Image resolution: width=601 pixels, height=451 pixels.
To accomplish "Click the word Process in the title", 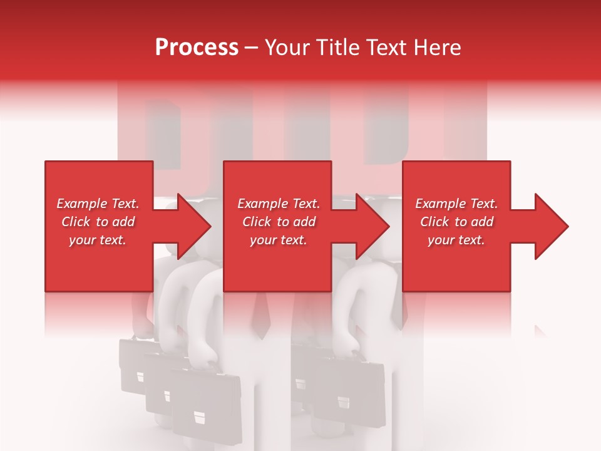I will click(x=197, y=48).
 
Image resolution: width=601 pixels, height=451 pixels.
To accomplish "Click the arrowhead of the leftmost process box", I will click(x=195, y=226).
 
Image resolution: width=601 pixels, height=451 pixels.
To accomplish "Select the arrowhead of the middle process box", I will click(x=373, y=226).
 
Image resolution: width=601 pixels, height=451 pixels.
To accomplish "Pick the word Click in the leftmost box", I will click(x=76, y=222).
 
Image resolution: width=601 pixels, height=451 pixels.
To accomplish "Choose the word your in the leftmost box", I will click(x=81, y=240).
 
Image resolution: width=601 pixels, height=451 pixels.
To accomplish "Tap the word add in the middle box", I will click(x=304, y=222).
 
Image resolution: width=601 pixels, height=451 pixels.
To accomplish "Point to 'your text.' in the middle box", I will click(x=278, y=240).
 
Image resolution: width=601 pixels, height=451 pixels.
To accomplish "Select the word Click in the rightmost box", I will click(x=435, y=222).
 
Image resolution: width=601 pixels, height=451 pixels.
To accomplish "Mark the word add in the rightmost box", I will click(x=482, y=222).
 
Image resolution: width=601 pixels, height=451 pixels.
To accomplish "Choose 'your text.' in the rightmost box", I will click(x=456, y=240).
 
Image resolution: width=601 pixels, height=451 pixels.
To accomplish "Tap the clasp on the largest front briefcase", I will click(x=198, y=416).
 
